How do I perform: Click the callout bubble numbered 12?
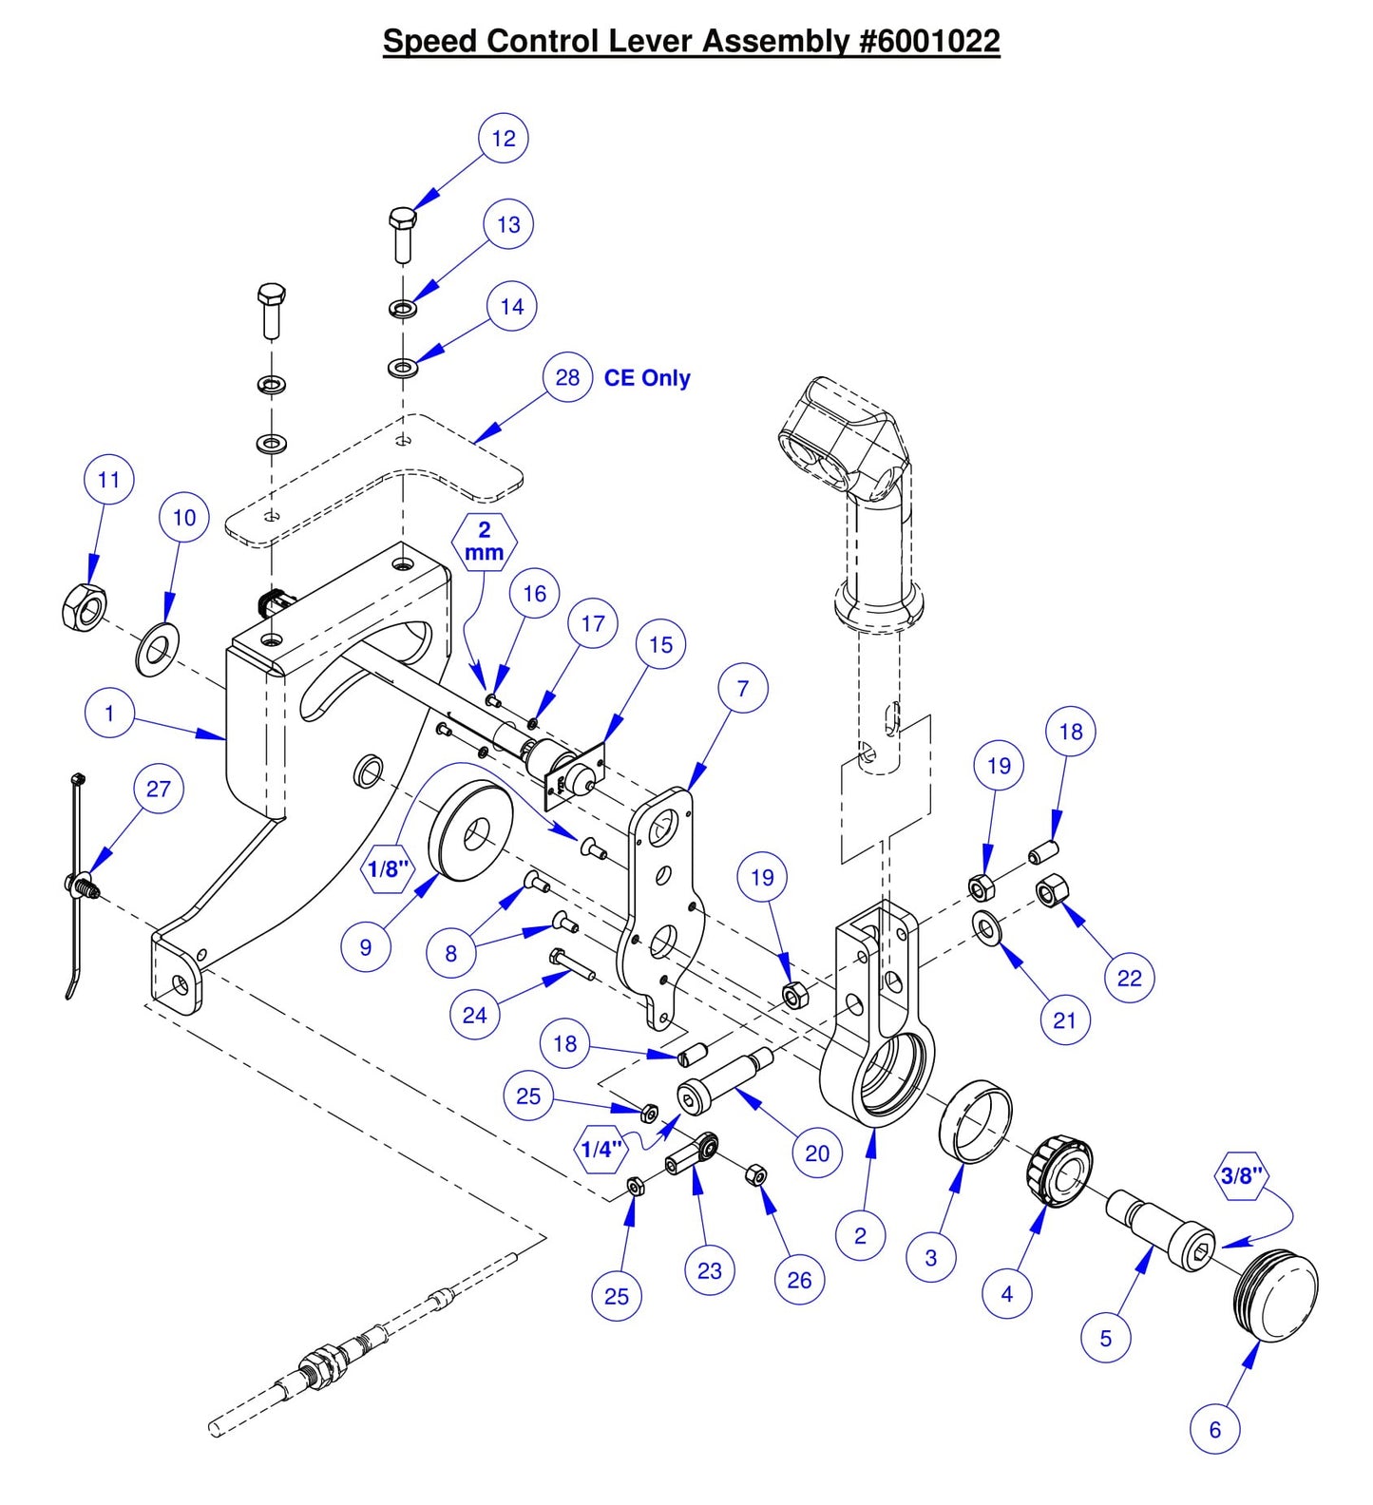[x=503, y=139]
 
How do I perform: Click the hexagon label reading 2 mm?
[x=484, y=542]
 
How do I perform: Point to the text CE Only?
[x=647, y=378]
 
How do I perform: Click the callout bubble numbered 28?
[x=567, y=378]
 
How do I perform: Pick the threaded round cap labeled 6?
[x=1279, y=1296]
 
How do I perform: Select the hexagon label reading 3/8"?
[x=1241, y=1176]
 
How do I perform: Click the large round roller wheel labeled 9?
[x=470, y=831]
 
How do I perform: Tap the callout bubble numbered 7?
[x=742, y=689]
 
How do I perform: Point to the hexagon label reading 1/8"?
[x=388, y=868]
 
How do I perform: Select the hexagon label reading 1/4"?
[x=601, y=1150]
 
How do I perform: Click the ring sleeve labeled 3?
[x=975, y=1120]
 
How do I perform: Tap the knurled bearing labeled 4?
[x=1058, y=1172]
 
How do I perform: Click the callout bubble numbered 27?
[x=159, y=789]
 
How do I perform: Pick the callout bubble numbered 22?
[x=1129, y=978]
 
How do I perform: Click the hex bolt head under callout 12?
[x=403, y=218]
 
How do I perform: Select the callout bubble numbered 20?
[x=817, y=1153]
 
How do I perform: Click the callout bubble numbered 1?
[x=109, y=714]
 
